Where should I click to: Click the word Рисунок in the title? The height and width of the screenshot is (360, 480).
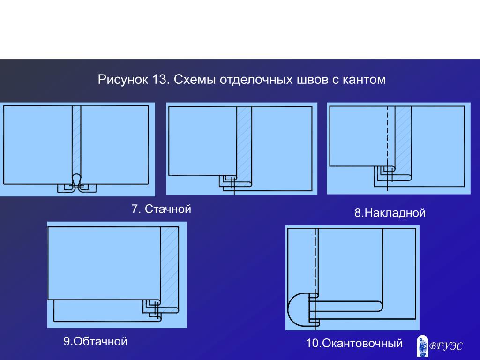click(x=122, y=80)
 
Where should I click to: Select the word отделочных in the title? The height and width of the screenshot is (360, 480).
click(x=256, y=80)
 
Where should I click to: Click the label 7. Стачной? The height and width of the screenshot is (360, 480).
click(x=161, y=209)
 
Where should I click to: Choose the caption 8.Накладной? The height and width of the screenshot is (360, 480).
click(x=390, y=213)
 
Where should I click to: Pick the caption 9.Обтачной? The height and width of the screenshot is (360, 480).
click(x=95, y=341)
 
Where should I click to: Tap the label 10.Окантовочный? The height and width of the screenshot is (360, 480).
click(x=354, y=343)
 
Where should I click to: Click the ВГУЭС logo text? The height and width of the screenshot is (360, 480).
click(x=446, y=346)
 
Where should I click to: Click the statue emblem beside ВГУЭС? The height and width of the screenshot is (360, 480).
click(x=423, y=346)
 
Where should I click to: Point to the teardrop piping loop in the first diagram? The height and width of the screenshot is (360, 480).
click(x=76, y=179)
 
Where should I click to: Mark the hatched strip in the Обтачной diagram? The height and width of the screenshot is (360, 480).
click(x=170, y=270)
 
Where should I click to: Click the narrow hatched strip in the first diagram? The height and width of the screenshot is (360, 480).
click(x=76, y=141)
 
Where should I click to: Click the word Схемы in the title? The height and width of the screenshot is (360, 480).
click(x=195, y=80)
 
